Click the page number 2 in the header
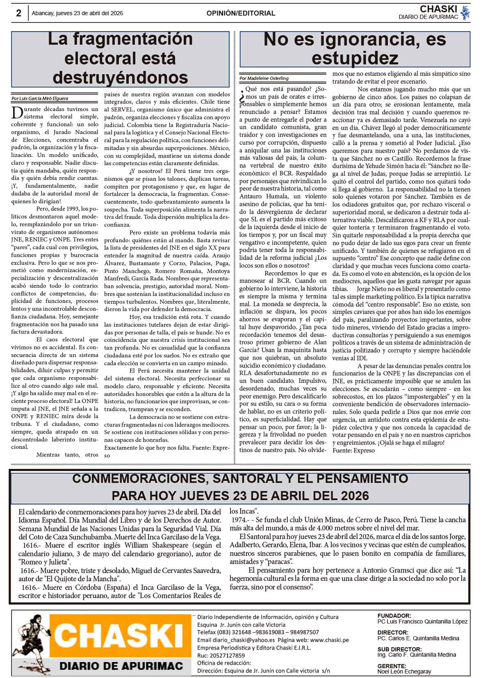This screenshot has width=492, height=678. coord(18,13)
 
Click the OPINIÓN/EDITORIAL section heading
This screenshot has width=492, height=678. coord(241,13)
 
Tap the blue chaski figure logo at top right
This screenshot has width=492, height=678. coord(465,13)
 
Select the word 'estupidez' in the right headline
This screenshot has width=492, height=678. coord(355,58)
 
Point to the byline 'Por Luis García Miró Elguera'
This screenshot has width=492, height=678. coord(40,98)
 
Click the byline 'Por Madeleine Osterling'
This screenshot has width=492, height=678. coord(264,78)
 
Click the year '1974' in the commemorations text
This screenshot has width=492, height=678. coord(238,519)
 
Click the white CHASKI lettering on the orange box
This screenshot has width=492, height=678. coord(119,636)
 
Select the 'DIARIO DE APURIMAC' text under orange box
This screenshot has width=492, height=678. coord(121,666)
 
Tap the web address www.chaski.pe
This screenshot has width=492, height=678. coord(329,640)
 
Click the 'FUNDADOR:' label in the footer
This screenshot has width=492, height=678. coord(394,616)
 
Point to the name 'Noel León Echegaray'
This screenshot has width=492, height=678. coord(404,671)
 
